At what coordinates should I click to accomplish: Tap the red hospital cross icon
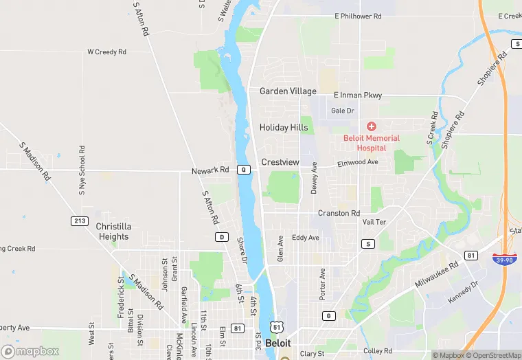click(x=372, y=126)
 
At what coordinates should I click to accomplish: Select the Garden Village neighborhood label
click(x=288, y=91)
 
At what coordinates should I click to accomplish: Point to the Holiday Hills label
click(x=284, y=128)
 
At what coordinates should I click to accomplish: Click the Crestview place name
click(x=280, y=162)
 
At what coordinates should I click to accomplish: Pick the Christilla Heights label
click(x=113, y=232)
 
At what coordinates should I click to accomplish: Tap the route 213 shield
click(x=79, y=221)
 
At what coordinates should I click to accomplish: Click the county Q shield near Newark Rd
click(x=244, y=170)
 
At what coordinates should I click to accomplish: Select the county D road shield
click(x=222, y=237)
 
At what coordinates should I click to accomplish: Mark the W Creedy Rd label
click(x=106, y=52)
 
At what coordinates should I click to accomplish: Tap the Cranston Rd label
click(x=339, y=214)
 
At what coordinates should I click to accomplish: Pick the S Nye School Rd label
click(x=82, y=170)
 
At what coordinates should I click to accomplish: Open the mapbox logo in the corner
click(x=30, y=351)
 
